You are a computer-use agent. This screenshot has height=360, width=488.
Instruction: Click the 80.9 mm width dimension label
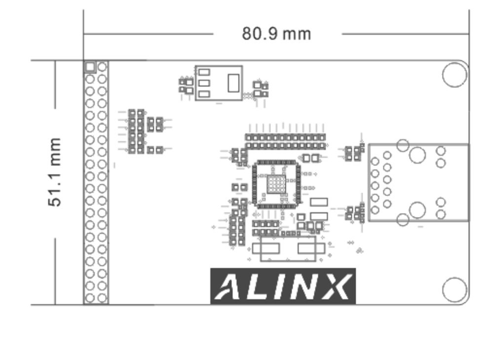point(276,34)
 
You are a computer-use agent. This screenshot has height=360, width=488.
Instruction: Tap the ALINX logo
point(283,286)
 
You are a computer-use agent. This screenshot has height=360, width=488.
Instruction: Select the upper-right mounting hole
point(454,74)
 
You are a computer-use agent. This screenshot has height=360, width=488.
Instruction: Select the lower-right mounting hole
point(454,289)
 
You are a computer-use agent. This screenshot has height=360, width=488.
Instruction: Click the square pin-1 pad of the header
point(90,67)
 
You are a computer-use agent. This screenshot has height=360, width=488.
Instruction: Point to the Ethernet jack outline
point(418,182)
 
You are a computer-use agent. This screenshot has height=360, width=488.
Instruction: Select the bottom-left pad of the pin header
point(90,298)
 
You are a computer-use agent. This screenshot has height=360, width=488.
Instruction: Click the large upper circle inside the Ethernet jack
point(417,155)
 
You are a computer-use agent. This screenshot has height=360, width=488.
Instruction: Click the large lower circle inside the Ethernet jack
point(417,210)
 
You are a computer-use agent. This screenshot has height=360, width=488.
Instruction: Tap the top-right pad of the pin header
point(102,67)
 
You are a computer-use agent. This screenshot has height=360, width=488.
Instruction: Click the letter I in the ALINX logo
point(282,287)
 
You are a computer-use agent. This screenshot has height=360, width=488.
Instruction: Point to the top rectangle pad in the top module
point(204,72)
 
